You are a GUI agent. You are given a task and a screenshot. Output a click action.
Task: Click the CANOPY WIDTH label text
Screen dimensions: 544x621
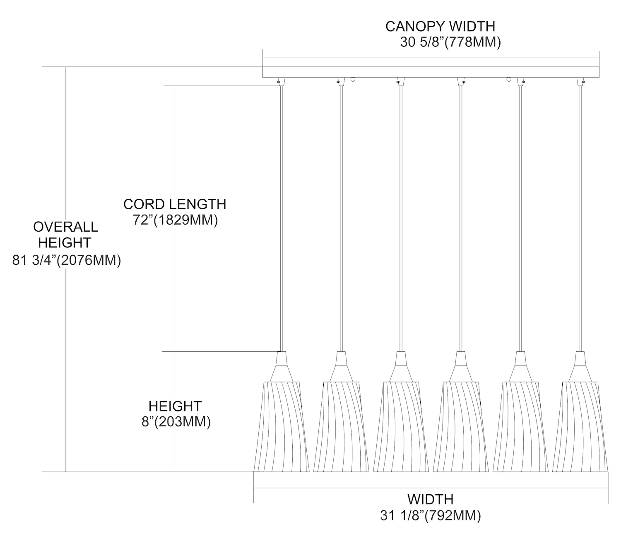(x=440, y=26)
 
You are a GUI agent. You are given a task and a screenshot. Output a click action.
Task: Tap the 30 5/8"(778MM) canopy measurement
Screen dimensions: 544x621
(x=450, y=42)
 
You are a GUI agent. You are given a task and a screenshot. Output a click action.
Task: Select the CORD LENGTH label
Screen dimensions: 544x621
(x=175, y=204)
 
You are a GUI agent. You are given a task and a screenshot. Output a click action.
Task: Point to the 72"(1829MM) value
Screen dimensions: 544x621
(x=175, y=220)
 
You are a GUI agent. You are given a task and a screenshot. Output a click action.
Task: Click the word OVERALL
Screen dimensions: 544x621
(x=65, y=227)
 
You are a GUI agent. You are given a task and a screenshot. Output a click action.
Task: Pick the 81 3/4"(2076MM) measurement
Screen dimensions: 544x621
(x=67, y=261)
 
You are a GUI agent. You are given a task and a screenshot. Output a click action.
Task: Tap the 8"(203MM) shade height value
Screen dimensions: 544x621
(x=176, y=422)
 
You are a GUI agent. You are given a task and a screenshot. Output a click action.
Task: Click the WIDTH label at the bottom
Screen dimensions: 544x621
(x=431, y=499)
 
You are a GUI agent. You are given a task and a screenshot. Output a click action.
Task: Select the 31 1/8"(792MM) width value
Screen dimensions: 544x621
(x=431, y=516)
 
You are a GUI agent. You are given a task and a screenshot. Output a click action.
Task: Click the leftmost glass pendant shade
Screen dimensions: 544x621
(x=282, y=427)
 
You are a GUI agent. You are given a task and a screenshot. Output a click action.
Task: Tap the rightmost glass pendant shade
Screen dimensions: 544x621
(x=580, y=427)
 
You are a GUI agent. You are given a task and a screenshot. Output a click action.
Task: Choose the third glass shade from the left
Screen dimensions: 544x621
(x=401, y=427)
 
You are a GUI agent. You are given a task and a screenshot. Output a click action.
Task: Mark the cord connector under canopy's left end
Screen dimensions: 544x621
(x=279, y=81)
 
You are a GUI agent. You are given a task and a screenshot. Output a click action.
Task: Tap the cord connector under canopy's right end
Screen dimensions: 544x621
(x=583, y=81)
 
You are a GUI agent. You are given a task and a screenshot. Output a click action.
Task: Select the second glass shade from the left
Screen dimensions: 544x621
(x=341, y=427)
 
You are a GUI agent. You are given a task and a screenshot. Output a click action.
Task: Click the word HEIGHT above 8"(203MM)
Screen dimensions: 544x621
(x=175, y=406)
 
